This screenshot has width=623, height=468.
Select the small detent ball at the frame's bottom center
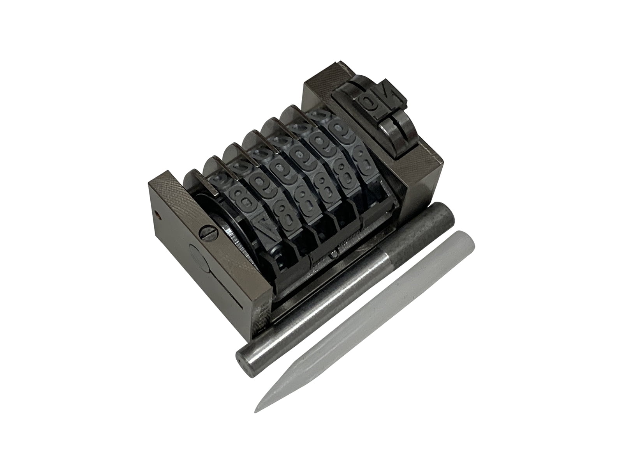pyautogui.click(x=335, y=255)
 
